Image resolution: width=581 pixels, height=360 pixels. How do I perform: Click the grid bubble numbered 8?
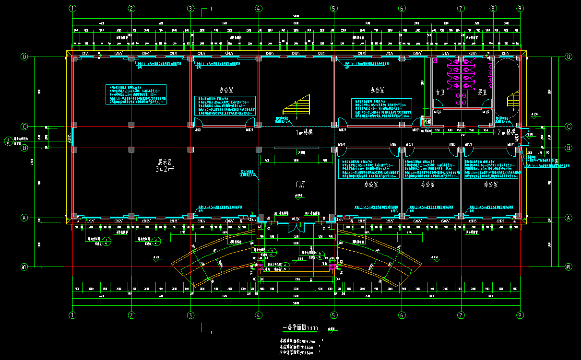(493, 8)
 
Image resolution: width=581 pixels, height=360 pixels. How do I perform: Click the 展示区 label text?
(165, 162)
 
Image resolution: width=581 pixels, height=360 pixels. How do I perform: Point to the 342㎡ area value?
(165, 169)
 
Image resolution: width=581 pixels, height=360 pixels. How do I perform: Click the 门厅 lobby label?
(301, 184)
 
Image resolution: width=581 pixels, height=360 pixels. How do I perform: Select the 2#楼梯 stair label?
(506, 132)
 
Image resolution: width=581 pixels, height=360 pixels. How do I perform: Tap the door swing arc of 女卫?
(438, 104)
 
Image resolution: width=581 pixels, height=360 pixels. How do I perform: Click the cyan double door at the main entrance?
(295, 226)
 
